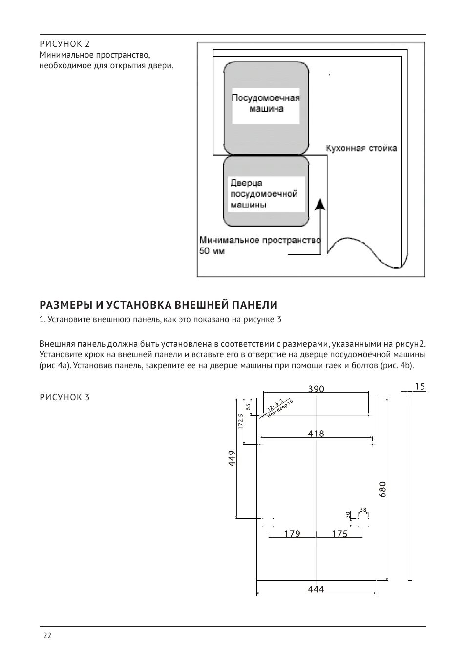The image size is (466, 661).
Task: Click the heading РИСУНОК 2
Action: [64, 44]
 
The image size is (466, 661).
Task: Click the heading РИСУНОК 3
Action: [64, 397]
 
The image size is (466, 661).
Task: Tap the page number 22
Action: [47, 635]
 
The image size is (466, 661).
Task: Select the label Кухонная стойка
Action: [361, 148]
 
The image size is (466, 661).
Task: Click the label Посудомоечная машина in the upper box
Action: [265, 103]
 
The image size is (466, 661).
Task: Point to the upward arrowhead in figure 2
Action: [320, 204]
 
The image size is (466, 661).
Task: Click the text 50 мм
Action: [212, 251]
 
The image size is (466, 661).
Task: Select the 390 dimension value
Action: [316, 389]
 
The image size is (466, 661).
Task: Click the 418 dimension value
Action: [316, 433]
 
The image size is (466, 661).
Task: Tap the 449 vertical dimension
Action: [233, 458]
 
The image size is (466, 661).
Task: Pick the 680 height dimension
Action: [382, 489]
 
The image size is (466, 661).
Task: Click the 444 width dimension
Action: [316, 589]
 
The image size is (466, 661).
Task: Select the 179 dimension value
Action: [292, 534]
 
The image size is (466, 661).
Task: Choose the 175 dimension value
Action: [339, 534]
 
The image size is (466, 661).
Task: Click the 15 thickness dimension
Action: [420, 386]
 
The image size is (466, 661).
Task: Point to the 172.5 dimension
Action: [240, 421]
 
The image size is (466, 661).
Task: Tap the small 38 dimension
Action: [363, 510]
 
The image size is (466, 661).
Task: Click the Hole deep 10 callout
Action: [280, 410]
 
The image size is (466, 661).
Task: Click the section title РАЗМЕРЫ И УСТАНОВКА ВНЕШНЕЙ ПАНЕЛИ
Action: [158, 305]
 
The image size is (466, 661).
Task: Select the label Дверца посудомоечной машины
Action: [264, 194]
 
